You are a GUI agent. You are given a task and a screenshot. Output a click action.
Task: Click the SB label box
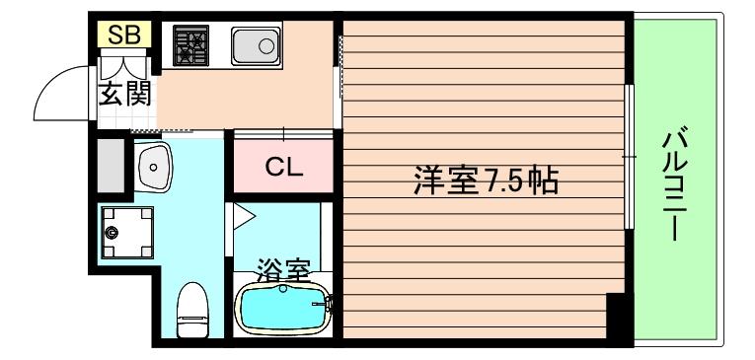click(123, 36)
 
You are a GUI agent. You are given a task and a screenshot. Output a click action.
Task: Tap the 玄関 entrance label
click(123, 97)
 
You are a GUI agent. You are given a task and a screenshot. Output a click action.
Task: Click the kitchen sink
click(256, 46)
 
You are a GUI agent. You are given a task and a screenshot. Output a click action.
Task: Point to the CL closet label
click(282, 167)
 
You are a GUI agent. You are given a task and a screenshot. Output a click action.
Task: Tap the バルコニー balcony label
click(674, 183)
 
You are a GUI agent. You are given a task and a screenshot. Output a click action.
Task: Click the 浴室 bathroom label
click(284, 269)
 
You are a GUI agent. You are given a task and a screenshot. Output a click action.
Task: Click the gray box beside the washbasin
click(111, 166)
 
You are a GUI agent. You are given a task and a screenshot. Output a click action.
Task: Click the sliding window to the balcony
click(629, 158)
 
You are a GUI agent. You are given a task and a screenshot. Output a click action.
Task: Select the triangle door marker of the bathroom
click(243, 214)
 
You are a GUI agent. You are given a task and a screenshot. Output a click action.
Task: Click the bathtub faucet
click(321, 306)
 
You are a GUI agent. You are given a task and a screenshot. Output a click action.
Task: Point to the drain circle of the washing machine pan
click(113, 234)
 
